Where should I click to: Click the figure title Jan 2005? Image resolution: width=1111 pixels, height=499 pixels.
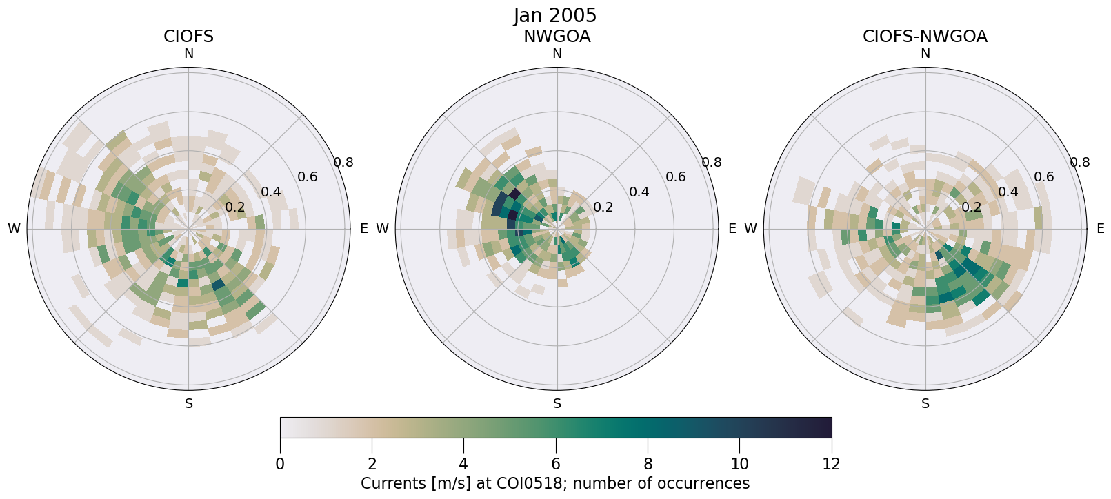[555, 16]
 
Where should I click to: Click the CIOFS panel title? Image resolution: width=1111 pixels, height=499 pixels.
[188, 37]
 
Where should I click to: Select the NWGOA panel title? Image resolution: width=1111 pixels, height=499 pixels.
[557, 37]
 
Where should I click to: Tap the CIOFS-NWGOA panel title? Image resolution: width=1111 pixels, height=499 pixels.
[925, 37]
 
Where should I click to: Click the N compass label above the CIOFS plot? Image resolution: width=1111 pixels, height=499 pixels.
[189, 54]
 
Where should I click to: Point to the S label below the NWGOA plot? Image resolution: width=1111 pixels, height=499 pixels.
[557, 404]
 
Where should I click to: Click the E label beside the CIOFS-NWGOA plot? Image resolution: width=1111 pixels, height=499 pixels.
[1100, 229]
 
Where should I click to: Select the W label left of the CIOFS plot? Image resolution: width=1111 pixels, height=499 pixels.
[14, 229]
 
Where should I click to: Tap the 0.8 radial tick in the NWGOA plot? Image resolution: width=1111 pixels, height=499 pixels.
[712, 162]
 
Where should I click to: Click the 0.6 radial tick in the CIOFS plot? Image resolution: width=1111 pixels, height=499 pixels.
[308, 177]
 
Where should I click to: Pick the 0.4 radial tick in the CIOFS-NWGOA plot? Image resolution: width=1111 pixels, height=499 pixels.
[1008, 192]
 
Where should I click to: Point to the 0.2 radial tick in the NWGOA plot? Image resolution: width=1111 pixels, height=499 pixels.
[603, 207]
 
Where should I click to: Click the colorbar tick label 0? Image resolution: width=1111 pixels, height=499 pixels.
[280, 464]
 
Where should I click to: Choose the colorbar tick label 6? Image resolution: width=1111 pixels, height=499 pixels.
[556, 464]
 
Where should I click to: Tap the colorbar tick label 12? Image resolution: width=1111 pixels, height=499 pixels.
[832, 464]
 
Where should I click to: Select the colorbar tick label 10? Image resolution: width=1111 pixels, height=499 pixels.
[739, 464]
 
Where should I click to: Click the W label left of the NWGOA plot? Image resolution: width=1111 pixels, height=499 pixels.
[382, 229]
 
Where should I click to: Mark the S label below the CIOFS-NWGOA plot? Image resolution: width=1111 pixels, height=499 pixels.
[925, 404]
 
